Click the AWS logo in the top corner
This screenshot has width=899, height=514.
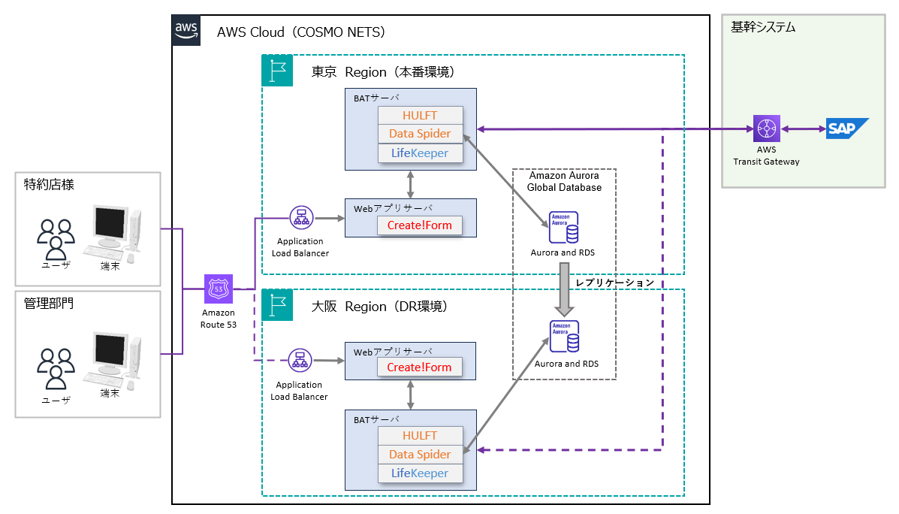click(186, 30)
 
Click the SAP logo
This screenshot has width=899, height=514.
click(847, 129)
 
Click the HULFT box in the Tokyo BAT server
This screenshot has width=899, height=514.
click(419, 116)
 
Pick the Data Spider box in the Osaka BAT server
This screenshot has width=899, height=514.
click(419, 454)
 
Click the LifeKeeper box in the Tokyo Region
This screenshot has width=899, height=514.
click(419, 153)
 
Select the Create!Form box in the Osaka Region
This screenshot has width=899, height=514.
click(419, 367)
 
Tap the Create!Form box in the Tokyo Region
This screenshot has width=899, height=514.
click(419, 225)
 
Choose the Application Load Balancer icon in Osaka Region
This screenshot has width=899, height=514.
click(300, 361)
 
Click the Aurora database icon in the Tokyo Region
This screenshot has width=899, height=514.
click(563, 227)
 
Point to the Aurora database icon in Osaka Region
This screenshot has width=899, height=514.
click(563, 337)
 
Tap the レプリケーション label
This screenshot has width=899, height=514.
click(614, 283)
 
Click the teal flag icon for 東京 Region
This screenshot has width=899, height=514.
click(276, 70)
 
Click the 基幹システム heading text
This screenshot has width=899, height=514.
click(763, 28)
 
